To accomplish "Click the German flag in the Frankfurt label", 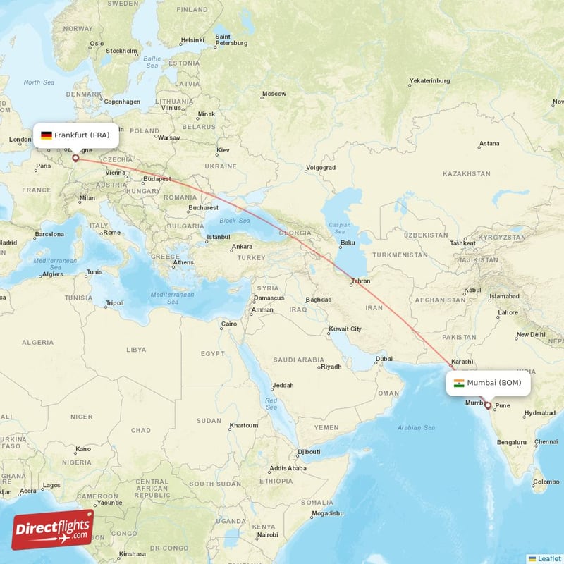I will (x=46, y=135).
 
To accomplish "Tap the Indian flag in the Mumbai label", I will (x=459, y=383).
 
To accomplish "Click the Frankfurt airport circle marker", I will (x=75, y=159).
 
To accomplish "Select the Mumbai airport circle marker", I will (x=486, y=405).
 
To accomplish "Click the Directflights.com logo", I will (x=53, y=529).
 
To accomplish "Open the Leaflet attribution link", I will (x=548, y=558).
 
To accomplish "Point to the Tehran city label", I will (x=361, y=282).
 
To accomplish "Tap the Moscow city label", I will (x=274, y=94).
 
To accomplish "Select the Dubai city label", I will (x=384, y=359).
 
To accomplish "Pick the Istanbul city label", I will (x=219, y=237).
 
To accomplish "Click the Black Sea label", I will (x=235, y=221).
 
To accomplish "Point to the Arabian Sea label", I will (x=417, y=427).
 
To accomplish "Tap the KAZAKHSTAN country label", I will (x=466, y=173).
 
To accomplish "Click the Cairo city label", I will (x=230, y=325).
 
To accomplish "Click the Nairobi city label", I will (x=266, y=535).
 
